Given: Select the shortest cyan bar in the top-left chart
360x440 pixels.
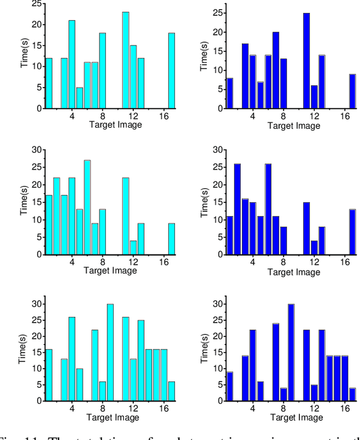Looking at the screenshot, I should pyautogui.click(x=79, y=98).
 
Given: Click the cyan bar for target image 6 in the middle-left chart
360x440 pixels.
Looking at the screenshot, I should pyautogui.click(x=87, y=207).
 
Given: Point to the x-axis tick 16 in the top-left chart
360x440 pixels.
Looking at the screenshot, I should pyautogui.click(x=164, y=116).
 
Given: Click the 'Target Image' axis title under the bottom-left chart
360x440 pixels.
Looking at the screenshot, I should pyautogui.click(x=112, y=417).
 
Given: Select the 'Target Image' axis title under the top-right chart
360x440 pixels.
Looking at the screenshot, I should pyautogui.click(x=294, y=125).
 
